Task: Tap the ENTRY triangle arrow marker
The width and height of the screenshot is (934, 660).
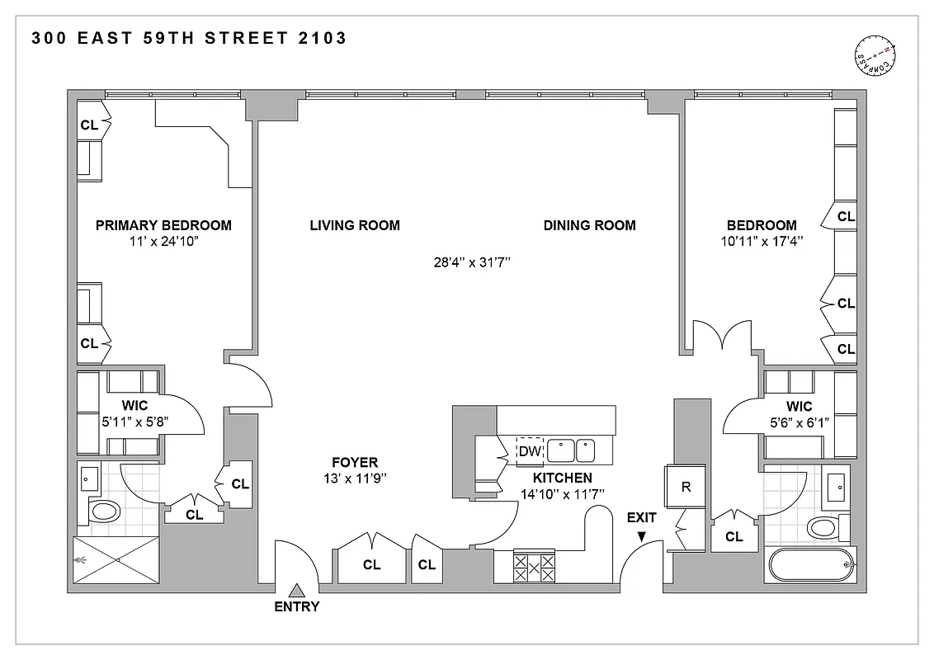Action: point(298,589)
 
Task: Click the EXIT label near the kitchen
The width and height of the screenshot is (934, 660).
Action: point(641,518)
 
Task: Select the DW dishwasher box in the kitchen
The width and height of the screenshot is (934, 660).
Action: point(529,451)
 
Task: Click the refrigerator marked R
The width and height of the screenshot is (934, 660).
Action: point(685,487)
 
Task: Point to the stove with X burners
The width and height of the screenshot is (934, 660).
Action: point(534,567)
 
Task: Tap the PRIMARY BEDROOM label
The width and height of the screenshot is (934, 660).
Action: point(163,225)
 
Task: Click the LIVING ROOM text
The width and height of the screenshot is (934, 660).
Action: point(355,225)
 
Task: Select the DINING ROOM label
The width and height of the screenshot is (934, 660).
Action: point(589,225)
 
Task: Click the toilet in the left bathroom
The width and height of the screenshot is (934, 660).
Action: point(105,511)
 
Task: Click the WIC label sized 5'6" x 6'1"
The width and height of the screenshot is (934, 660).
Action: point(799,406)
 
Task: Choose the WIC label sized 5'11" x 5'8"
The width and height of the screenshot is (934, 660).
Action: point(134,406)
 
